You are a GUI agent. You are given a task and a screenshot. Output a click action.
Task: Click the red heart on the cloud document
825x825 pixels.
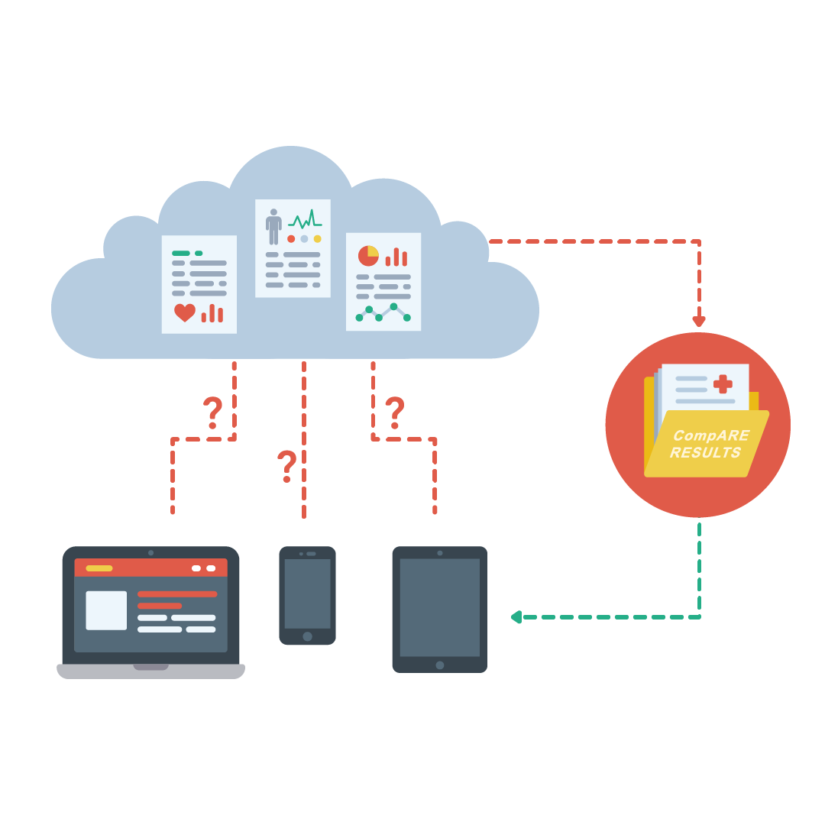point(184,312)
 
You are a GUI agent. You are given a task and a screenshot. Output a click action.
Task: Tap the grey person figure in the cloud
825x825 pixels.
point(273,226)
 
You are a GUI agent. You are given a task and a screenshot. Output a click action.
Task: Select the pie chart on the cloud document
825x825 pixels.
point(368,255)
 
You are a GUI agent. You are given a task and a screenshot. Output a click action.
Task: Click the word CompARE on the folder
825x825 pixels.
point(710,435)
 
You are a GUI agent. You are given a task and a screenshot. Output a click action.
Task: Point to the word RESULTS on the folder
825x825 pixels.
point(705,452)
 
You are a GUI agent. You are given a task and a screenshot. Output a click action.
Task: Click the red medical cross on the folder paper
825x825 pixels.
point(722,384)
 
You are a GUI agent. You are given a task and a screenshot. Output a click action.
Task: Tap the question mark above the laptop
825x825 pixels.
point(212,412)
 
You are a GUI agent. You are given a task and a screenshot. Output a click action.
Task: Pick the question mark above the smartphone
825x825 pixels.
point(286,466)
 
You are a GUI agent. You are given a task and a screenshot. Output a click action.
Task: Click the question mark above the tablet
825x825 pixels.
point(394,412)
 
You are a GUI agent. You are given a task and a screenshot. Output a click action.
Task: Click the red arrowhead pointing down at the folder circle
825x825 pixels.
point(699,322)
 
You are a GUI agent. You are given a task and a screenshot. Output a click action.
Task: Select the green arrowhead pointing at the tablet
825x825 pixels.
point(516,616)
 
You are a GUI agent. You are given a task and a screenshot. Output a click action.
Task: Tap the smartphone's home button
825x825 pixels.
point(307,636)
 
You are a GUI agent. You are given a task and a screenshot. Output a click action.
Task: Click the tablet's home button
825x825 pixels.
point(440,665)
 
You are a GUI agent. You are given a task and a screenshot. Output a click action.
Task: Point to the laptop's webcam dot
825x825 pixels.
point(150,552)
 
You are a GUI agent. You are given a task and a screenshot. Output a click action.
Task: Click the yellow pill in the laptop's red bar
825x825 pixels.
point(99,568)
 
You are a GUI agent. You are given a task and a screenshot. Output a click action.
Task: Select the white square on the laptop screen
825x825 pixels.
point(106,610)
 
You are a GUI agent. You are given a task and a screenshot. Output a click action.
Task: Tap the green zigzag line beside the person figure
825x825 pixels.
point(305,221)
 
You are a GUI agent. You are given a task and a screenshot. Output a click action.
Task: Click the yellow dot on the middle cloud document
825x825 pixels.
point(317,238)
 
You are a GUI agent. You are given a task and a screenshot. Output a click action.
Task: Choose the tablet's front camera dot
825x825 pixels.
point(440,552)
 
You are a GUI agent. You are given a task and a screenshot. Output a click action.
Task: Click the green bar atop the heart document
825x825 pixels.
point(181,253)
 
